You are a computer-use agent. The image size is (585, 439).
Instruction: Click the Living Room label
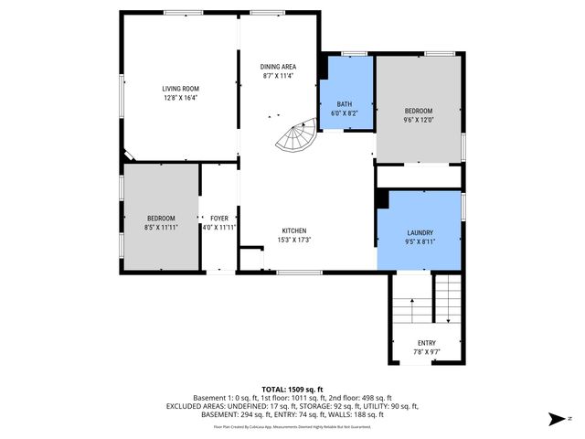point(181,88)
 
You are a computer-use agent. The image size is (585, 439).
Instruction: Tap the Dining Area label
point(278,67)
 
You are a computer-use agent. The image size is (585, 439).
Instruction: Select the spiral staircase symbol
point(296,139)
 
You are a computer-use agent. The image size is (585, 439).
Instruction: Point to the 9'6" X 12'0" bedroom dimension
point(419,119)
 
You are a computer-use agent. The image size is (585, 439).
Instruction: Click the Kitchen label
point(294,230)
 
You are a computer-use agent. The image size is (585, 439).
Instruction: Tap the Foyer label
point(219,219)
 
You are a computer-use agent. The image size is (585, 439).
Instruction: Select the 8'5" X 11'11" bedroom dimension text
point(162,227)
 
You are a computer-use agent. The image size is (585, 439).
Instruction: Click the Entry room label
point(427,343)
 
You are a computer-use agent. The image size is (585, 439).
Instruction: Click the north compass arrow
point(555,419)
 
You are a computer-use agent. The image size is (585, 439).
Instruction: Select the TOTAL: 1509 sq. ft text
point(292,389)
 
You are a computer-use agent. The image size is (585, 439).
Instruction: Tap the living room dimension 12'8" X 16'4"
point(181,97)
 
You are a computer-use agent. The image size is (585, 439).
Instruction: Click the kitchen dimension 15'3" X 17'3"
point(294,240)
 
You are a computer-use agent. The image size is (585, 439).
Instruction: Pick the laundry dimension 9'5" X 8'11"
point(420,241)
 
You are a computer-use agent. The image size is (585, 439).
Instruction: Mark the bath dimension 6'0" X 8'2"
point(346,112)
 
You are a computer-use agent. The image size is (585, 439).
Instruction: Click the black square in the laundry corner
point(383,199)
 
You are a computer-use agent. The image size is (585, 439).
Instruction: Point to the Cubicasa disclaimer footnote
point(292,426)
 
